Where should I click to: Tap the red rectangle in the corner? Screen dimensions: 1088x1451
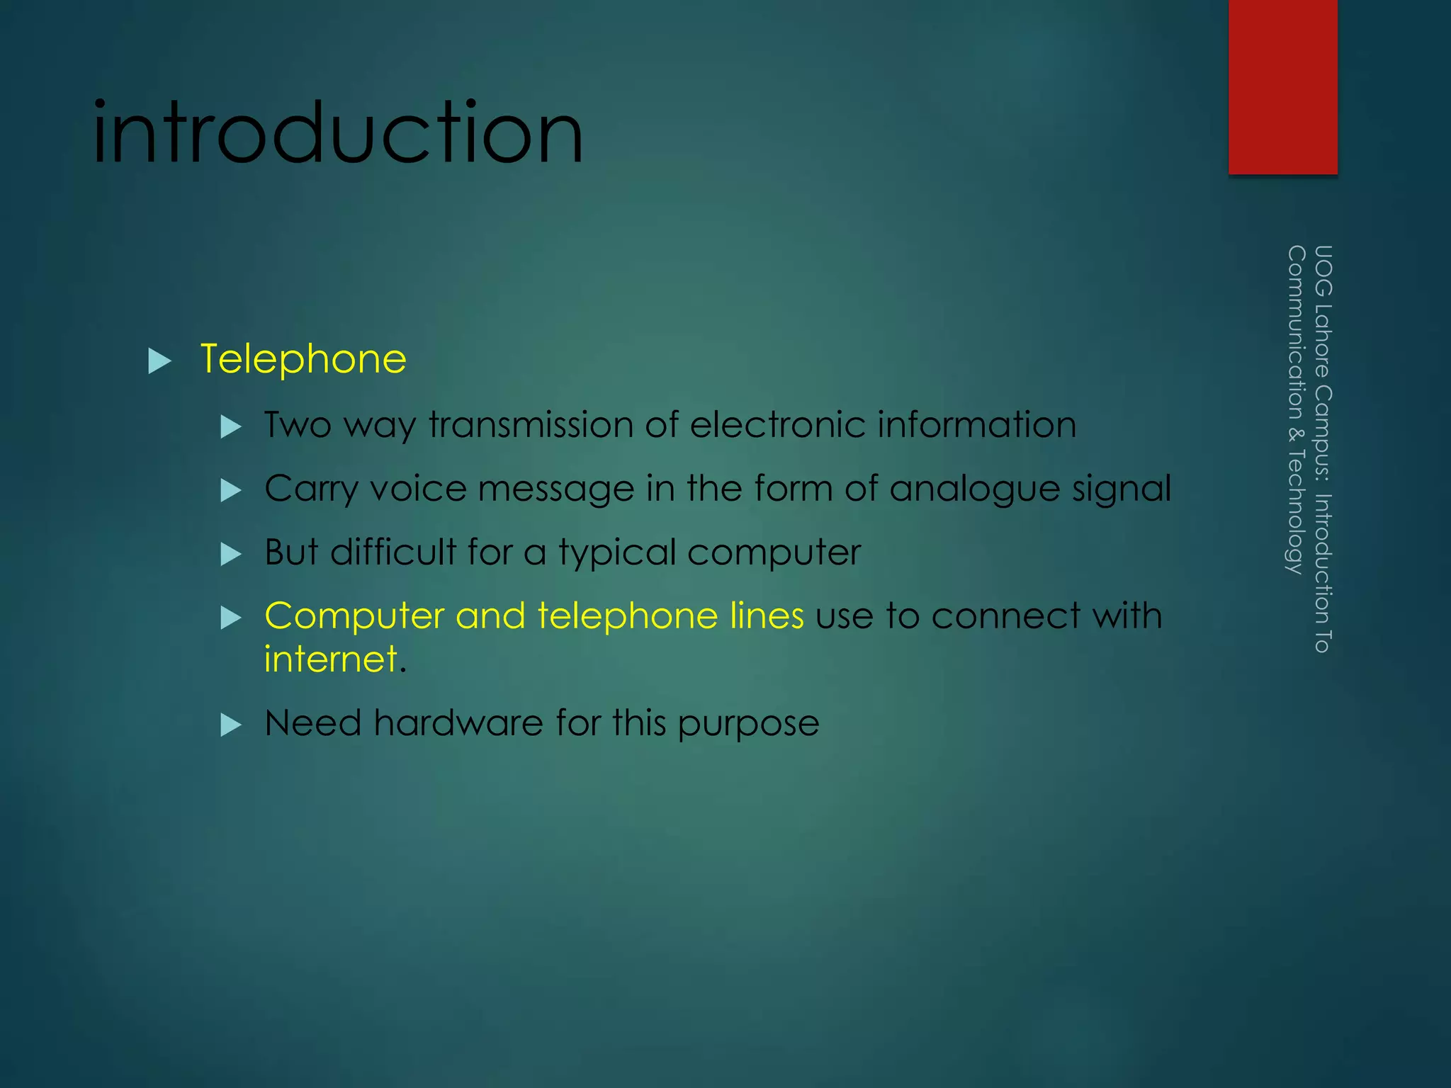click(1282, 86)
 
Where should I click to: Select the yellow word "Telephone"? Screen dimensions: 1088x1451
click(303, 359)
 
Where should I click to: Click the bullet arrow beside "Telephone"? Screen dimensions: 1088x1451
click(160, 361)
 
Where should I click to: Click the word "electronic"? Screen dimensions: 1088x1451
click(777, 425)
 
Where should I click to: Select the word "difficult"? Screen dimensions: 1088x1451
click(393, 552)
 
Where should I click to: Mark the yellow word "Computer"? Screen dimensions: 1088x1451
click(354, 616)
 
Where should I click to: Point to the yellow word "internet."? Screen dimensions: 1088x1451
click(335, 659)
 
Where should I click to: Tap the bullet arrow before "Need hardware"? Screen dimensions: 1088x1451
click(231, 725)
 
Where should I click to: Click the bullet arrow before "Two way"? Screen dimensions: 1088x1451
click(231, 426)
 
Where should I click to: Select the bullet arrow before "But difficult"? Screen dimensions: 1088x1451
click(231, 553)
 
